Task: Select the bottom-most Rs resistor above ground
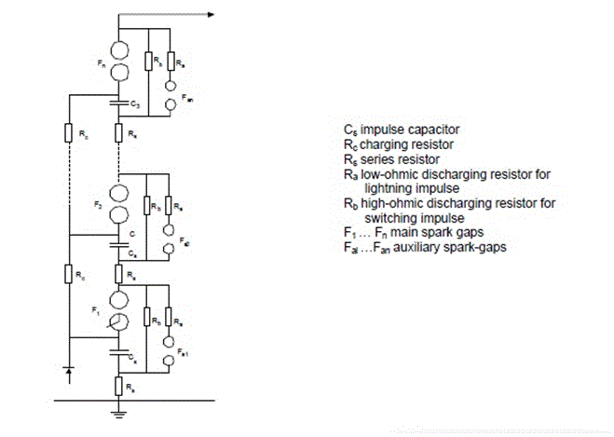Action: point(119,384)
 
